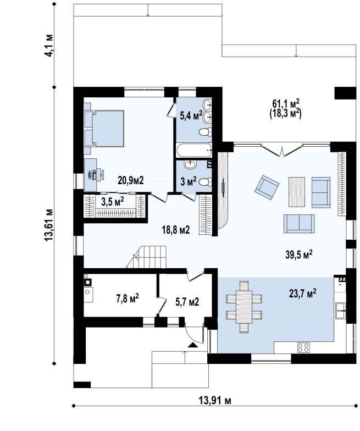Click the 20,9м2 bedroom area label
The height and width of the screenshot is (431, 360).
(x=131, y=180)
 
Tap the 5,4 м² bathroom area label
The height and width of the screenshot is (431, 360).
(x=191, y=115)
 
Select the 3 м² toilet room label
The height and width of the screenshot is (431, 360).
(x=188, y=181)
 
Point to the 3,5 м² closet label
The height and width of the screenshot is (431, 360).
(x=112, y=202)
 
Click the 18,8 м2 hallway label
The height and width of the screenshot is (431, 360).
(x=176, y=230)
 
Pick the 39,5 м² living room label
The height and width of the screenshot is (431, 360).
(x=299, y=255)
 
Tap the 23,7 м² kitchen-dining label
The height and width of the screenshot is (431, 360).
(x=302, y=294)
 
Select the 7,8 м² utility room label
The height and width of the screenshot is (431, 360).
(x=128, y=298)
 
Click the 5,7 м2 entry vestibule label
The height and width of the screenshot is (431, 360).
(x=187, y=302)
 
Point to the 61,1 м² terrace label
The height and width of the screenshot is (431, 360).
(x=286, y=103)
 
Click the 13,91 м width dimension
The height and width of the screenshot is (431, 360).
(x=215, y=400)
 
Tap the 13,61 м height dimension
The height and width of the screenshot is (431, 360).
(x=48, y=225)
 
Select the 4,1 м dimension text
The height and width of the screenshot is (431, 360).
(x=49, y=46)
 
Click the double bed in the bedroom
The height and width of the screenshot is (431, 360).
(x=104, y=128)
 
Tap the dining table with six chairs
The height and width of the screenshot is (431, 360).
(x=244, y=307)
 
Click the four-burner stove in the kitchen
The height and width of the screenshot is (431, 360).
(x=303, y=347)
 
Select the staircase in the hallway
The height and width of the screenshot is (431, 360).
(x=147, y=257)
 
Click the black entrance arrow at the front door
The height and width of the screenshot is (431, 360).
(x=193, y=345)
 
